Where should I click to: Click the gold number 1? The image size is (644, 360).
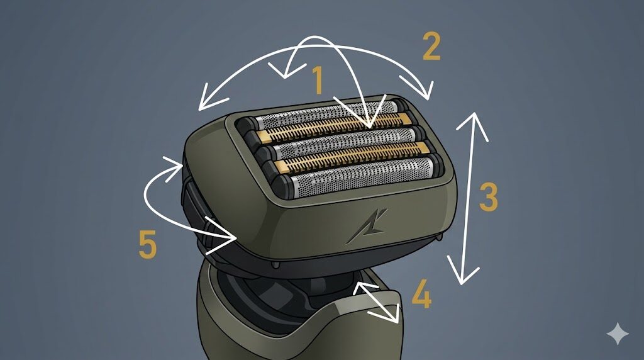click(318, 80)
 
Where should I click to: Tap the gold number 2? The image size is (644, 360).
click(431, 47)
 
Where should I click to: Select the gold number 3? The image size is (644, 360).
click(488, 197)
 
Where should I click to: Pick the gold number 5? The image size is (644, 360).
click(148, 244)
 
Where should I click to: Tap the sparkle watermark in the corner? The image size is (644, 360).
click(618, 334)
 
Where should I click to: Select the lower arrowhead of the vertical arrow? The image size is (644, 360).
click(463, 271)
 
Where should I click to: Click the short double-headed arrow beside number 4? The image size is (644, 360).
click(376, 301)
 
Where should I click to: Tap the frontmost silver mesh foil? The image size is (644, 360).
click(362, 177)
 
